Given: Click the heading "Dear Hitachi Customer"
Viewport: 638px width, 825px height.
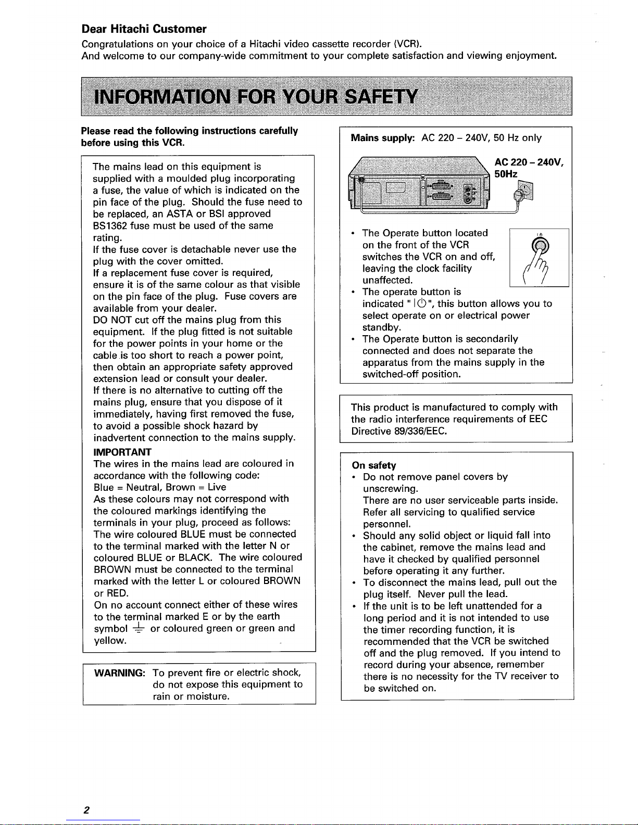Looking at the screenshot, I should (144, 29).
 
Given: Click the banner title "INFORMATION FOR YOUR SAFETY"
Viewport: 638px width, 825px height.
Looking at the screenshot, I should (255, 97).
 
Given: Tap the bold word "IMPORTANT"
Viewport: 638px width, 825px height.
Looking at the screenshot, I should (122, 451).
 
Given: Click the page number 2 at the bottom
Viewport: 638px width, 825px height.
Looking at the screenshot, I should (86, 810).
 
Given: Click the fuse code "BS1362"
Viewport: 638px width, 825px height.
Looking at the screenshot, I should (110, 226).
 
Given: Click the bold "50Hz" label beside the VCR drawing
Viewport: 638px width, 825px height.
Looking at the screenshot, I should (506, 174).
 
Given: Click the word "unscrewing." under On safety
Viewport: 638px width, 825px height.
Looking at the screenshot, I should (391, 489).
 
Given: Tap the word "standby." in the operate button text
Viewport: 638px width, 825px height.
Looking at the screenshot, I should (382, 327).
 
